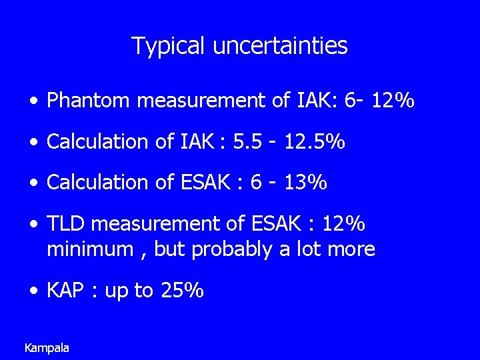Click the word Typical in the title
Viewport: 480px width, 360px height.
coord(169,46)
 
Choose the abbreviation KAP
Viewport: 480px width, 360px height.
coord(65,291)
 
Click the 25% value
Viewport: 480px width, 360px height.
coord(182,291)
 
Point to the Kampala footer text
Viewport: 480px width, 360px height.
coord(47,347)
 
